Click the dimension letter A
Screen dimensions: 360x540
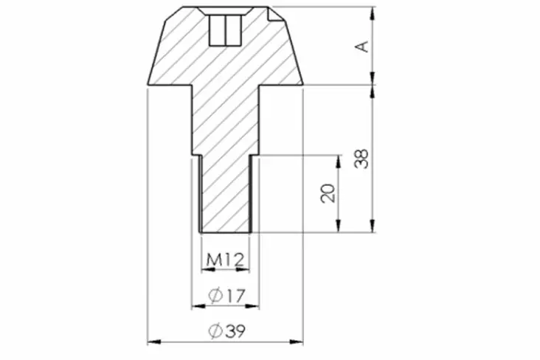[361, 46]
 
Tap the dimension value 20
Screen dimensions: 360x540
[329, 193]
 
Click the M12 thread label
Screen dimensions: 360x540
[225, 260]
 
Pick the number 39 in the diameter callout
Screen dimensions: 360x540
[234, 332]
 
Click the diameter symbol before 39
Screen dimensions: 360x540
[215, 332]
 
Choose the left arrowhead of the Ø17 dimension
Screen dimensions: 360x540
[196, 306]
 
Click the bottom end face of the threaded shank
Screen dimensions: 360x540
[225, 232]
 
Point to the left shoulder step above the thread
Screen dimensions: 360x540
[196, 155]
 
